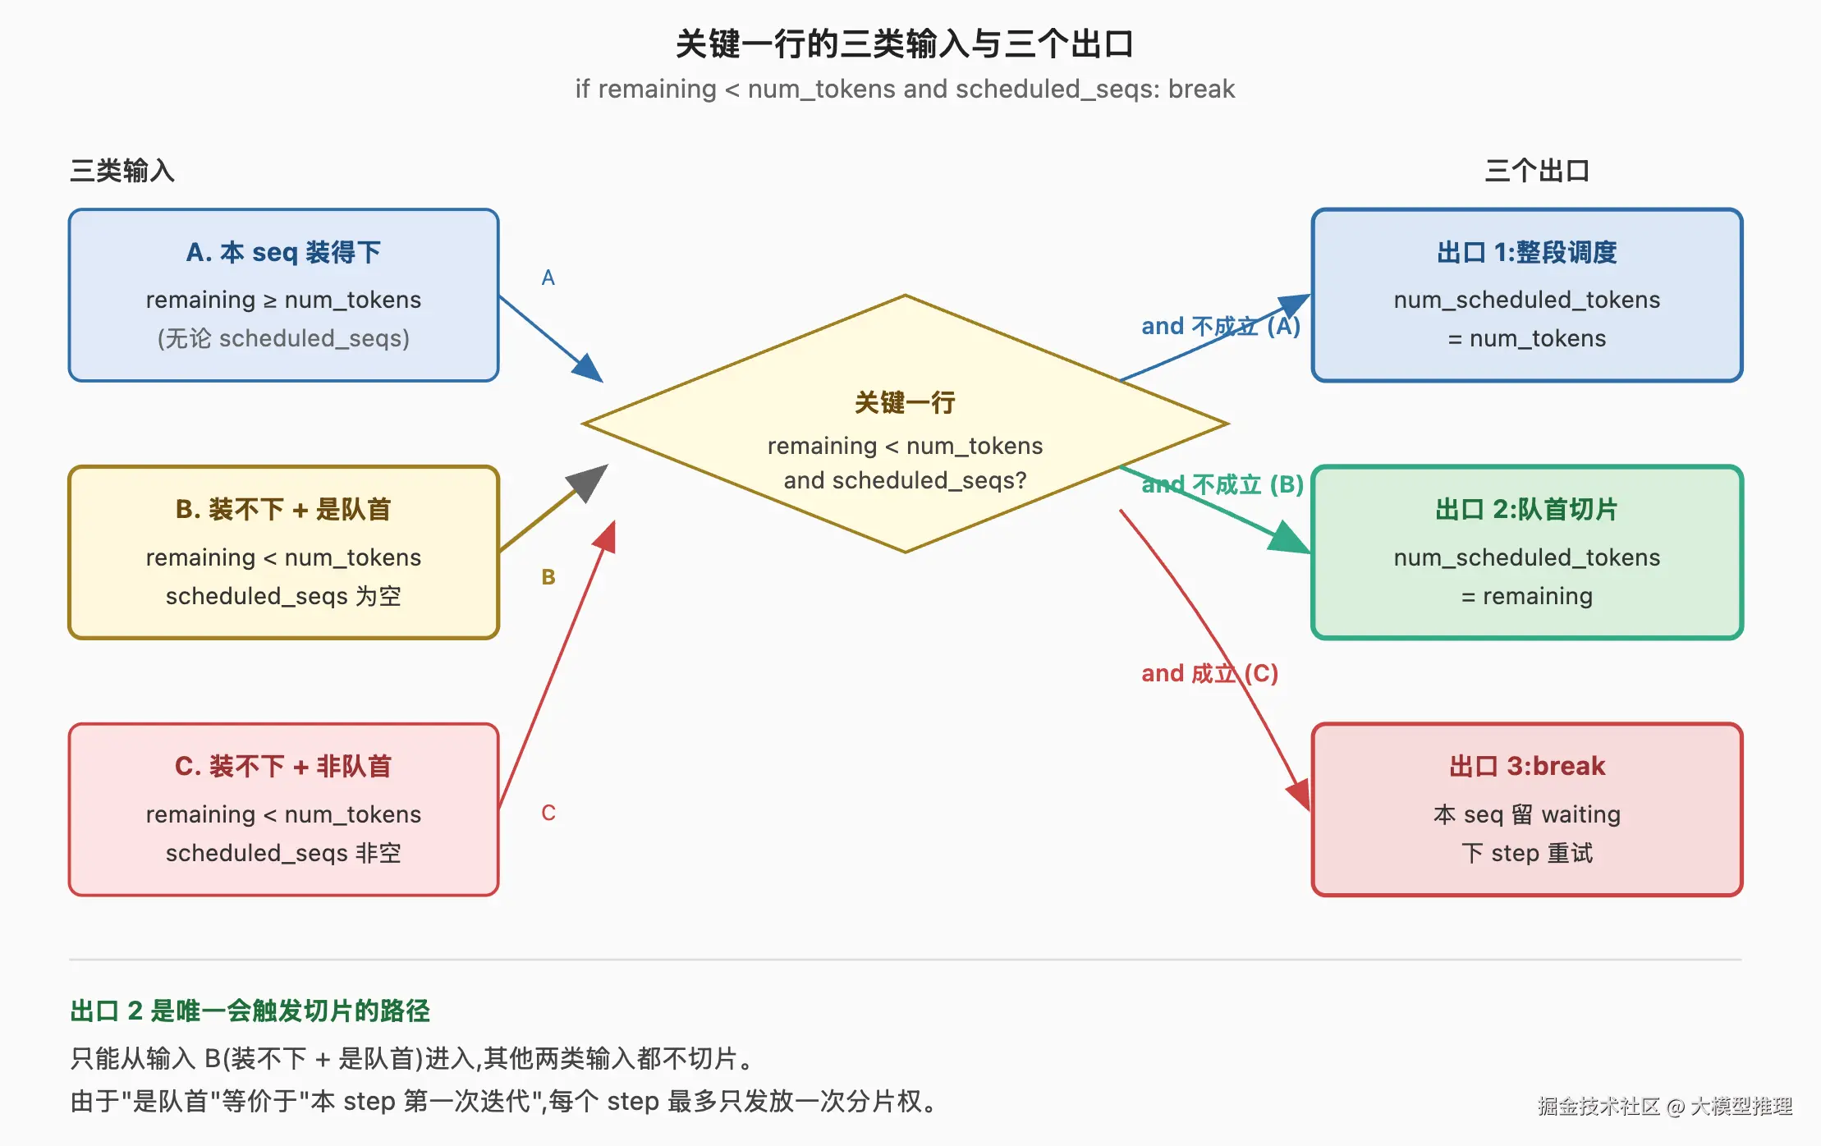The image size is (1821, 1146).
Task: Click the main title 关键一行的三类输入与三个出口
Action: pyautogui.click(x=905, y=44)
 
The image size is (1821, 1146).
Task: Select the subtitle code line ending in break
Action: pyautogui.click(x=905, y=89)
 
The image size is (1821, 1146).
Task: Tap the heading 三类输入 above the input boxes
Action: pyautogui.click(x=122, y=171)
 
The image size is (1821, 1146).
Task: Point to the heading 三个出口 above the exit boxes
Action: pyautogui.click(x=1537, y=171)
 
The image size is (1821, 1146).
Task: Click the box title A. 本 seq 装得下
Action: pyautogui.click(x=283, y=252)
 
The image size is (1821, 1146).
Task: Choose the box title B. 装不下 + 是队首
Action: pyautogui.click(x=283, y=509)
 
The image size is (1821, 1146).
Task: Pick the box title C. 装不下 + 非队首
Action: pyautogui.click(x=283, y=766)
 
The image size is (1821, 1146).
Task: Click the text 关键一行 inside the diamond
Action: pyautogui.click(x=905, y=402)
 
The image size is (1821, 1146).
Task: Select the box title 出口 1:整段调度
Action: pyautogui.click(x=1526, y=252)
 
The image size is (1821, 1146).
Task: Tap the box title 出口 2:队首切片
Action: pyautogui.click(x=1526, y=509)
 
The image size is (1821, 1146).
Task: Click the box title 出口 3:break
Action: pyautogui.click(x=1526, y=766)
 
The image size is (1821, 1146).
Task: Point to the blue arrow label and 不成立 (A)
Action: pyautogui.click(x=1221, y=326)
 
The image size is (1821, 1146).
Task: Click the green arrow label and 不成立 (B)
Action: pyautogui.click(x=1222, y=484)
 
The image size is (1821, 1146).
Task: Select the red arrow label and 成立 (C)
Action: pyautogui.click(x=1210, y=673)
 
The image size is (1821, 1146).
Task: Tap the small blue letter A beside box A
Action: pyautogui.click(x=548, y=277)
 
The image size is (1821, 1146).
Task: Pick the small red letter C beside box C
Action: pyautogui.click(x=548, y=813)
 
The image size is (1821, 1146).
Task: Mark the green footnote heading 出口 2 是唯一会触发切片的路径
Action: pyautogui.click(x=250, y=1011)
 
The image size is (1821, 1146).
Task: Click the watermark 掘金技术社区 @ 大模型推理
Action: pyautogui.click(x=1665, y=1106)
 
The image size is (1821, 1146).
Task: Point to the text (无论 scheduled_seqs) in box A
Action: pyautogui.click(x=283, y=338)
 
